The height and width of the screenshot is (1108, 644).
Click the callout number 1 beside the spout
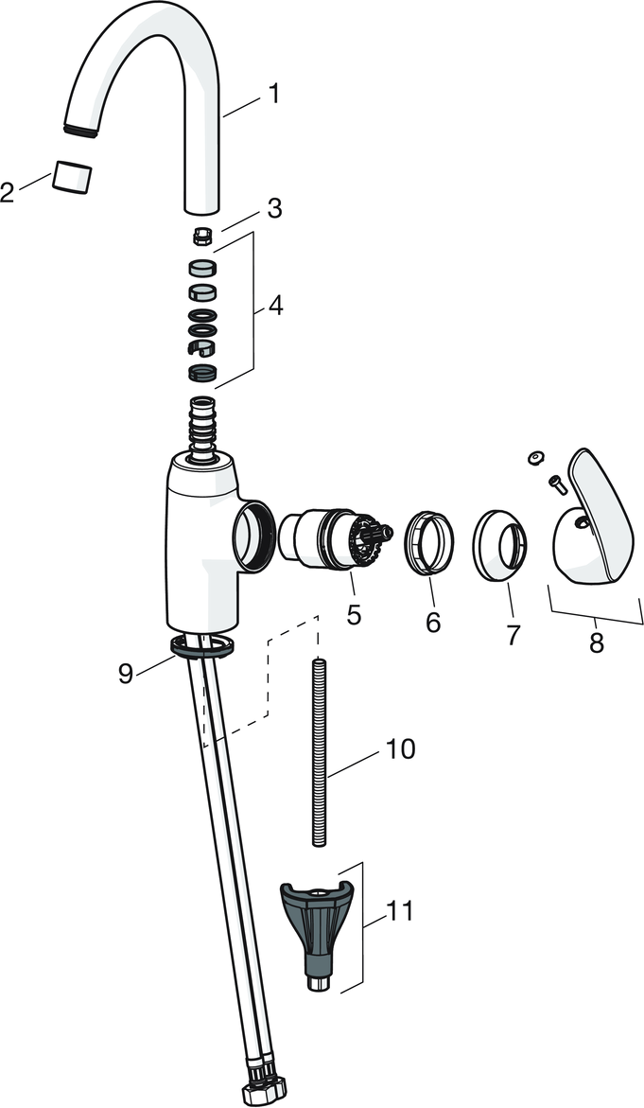pos(273,95)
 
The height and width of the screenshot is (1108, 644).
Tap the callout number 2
pos(9,194)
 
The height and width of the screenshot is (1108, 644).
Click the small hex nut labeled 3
pos(201,235)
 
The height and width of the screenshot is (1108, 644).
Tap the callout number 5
pos(354,615)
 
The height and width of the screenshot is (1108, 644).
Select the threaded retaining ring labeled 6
pos(429,542)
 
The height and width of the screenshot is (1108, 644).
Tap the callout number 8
pos(597,643)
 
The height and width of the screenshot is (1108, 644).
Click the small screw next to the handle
pos(556,484)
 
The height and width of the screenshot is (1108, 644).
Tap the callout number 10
pos(400,749)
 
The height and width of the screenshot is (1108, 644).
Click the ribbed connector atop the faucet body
pos(202,427)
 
